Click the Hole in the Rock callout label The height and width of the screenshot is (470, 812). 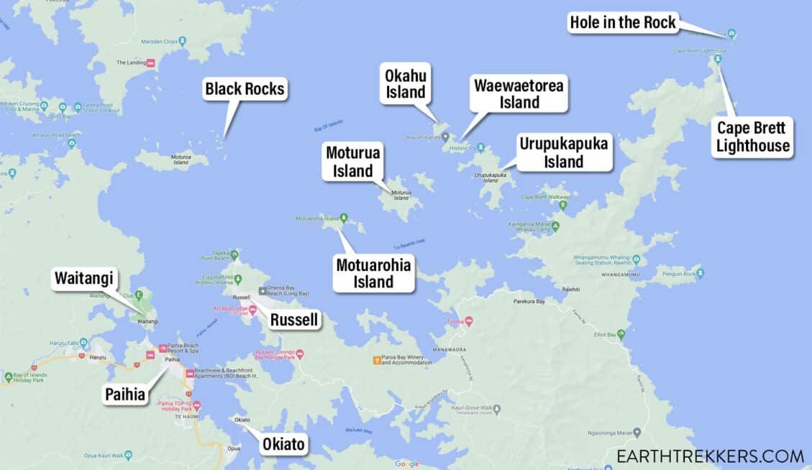[623, 22]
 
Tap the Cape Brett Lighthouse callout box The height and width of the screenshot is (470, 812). [753, 137]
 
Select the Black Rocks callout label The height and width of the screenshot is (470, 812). [245, 89]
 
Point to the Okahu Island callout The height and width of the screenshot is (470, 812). [406, 83]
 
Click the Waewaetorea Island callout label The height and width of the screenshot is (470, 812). [519, 93]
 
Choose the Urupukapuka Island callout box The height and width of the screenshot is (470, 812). [564, 152]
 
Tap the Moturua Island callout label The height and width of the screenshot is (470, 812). [352, 161]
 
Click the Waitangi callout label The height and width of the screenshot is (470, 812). [83, 279]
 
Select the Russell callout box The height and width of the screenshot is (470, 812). [293, 320]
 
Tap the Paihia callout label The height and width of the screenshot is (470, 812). [125, 394]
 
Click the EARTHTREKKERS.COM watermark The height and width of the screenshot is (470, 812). [710, 456]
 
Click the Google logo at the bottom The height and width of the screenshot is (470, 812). [406, 464]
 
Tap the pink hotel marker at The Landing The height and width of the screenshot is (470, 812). [151, 63]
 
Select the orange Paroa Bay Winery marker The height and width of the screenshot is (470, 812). [375, 359]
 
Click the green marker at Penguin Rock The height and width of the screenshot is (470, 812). [700, 273]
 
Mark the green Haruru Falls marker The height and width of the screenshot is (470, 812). [83, 344]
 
